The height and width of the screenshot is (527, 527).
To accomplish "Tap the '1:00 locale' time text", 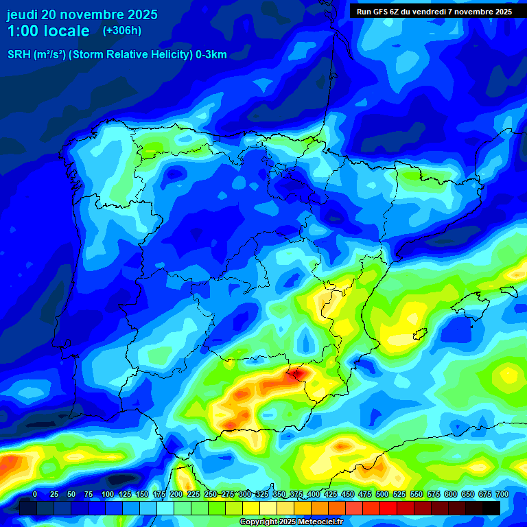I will pos(48,31).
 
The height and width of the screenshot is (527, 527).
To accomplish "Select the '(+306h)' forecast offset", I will pos(121,31).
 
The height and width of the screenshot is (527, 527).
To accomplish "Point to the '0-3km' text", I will pos(211,55).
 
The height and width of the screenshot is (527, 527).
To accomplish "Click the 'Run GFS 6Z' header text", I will pos(381,12).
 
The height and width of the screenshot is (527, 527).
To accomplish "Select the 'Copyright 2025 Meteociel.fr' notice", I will pos(291,522).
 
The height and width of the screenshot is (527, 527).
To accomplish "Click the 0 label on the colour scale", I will pos(35,494).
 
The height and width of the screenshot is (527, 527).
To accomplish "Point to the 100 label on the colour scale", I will pos(108,494).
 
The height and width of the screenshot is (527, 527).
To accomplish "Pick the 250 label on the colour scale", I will pos(211,494).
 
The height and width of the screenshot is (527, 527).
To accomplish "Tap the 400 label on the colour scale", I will pos(314,494).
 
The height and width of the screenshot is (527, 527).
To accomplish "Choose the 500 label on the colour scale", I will pos(382,494).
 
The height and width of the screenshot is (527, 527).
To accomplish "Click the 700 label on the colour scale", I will pos(502,494).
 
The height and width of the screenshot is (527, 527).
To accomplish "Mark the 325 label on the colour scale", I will pos(262,494).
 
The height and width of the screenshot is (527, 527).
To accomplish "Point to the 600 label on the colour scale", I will pos(451,494).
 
